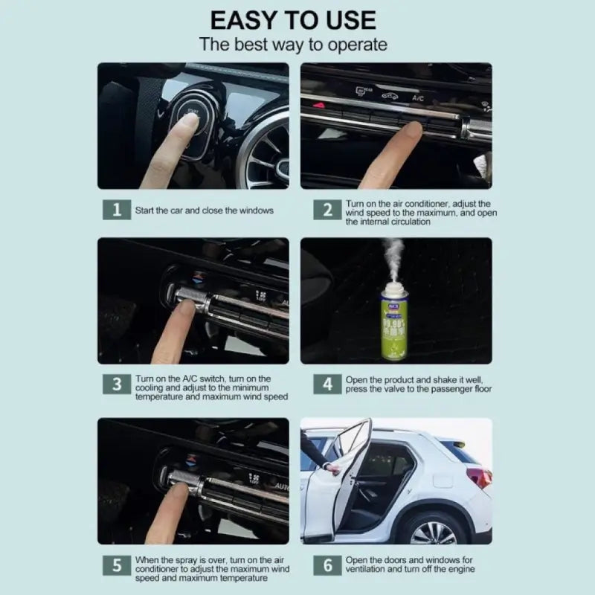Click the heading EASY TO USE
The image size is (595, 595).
pos(293,19)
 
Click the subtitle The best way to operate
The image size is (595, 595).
pos(293,45)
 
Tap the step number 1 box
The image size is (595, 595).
pos(116,210)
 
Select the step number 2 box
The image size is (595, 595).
pos(327,210)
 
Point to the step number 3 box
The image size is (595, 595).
pos(116,385)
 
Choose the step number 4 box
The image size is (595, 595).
pos(327,385)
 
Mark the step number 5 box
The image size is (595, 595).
pos(116,565)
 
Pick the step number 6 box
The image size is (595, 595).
pos(327,565)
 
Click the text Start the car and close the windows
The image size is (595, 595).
pos(204,210)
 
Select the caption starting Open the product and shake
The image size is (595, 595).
pos(418,385)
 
